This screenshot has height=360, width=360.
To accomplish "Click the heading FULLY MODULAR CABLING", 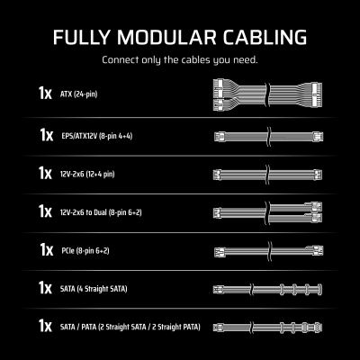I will [x=180, y=39].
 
